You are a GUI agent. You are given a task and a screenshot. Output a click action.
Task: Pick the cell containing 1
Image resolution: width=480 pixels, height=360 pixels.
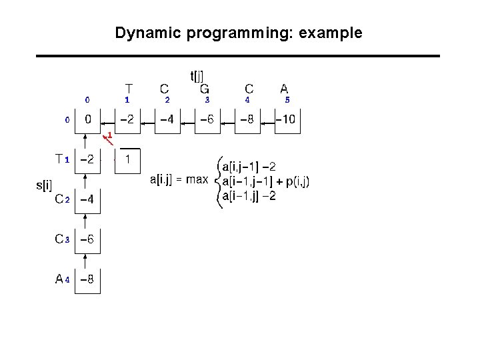128,160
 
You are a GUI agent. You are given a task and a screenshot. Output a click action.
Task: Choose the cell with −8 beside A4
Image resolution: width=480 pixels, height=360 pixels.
87,280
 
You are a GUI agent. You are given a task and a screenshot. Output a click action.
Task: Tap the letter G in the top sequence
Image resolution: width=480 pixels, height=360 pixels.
205,89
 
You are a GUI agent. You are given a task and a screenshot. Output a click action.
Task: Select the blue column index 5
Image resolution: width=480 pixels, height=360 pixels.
287,100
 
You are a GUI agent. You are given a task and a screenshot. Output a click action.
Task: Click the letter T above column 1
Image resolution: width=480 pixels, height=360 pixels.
128,88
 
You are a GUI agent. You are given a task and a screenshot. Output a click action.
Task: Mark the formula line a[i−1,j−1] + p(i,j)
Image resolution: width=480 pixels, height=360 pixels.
265,181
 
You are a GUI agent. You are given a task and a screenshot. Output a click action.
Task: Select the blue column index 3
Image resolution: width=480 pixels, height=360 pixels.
207,100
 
